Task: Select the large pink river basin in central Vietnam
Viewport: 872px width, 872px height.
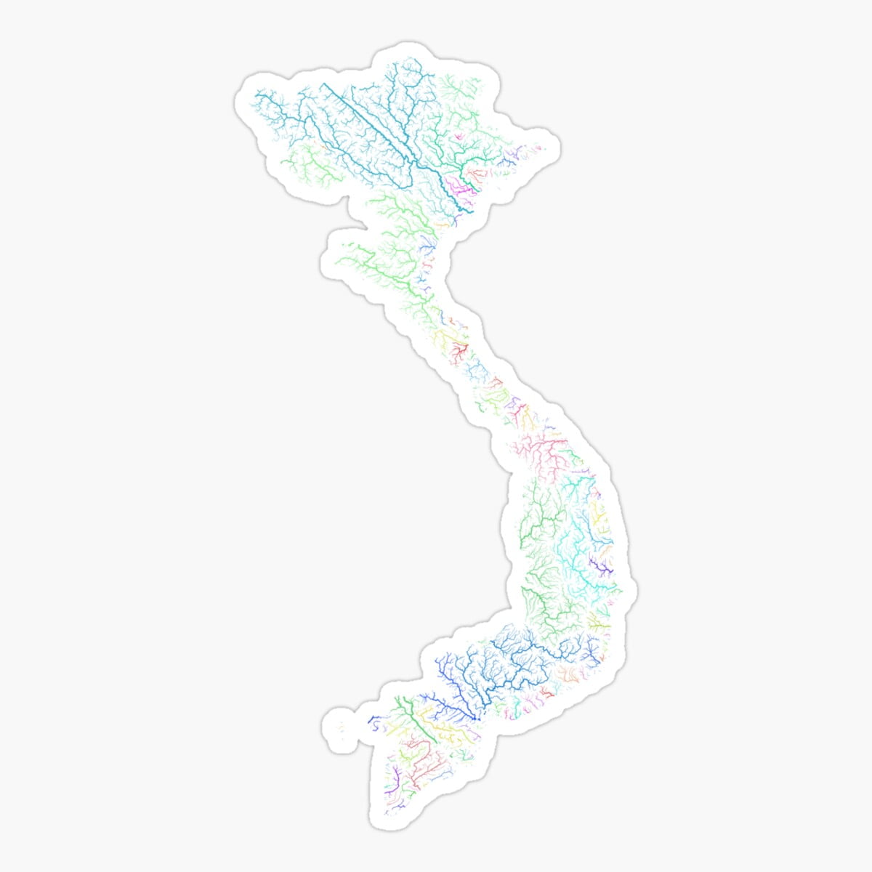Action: [x=545, y=451]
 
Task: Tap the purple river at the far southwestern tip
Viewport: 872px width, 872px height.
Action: [x=395, y=778]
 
